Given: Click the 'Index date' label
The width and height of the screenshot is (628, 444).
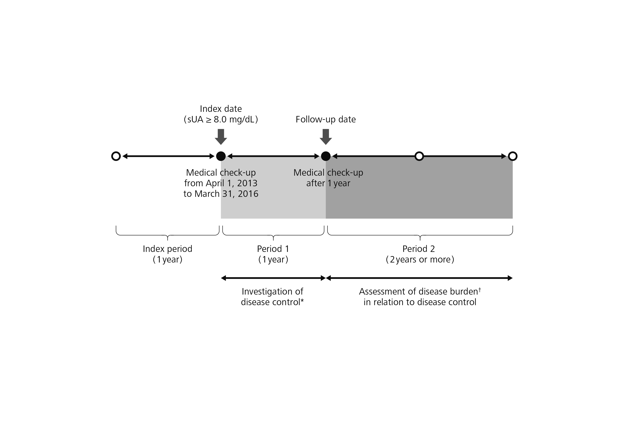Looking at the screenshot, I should coord(221,109).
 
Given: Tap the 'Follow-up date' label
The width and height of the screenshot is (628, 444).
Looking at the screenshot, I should coord(325,120).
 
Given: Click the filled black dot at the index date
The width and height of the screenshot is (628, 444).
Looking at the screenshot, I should coord(221,156).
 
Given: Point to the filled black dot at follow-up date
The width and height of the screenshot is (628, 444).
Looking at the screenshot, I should coord(325,156).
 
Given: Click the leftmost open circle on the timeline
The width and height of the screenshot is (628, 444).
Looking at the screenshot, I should coord(116,156).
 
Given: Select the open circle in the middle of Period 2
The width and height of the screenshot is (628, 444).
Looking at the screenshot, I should coord(419,156).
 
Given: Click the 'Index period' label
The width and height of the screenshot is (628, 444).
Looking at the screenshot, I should coord(167,249).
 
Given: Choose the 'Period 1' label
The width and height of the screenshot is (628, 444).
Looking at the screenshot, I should coord(273,249).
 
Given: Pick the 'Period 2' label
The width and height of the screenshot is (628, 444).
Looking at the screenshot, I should coord(418,249).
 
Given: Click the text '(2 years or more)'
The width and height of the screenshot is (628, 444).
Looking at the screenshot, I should coord(420,259).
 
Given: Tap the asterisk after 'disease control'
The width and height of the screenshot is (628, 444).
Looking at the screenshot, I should coord(302,301).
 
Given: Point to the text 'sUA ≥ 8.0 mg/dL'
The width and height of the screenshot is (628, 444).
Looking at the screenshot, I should coord(221,120).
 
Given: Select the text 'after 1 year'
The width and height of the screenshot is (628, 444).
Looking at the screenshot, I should coord(328,183).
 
